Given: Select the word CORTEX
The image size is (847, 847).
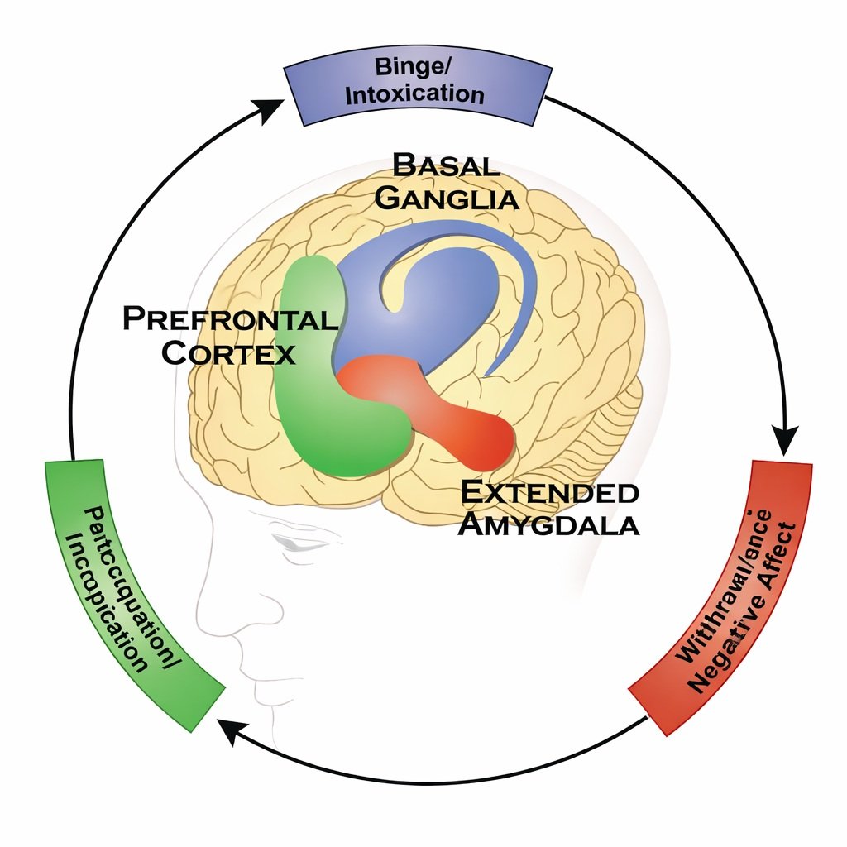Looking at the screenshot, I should point(227,353).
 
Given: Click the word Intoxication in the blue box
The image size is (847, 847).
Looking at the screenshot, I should point(414,94).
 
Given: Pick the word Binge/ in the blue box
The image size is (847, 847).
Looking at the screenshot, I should point(410,66).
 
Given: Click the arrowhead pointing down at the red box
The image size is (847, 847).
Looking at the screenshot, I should point(784,437).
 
